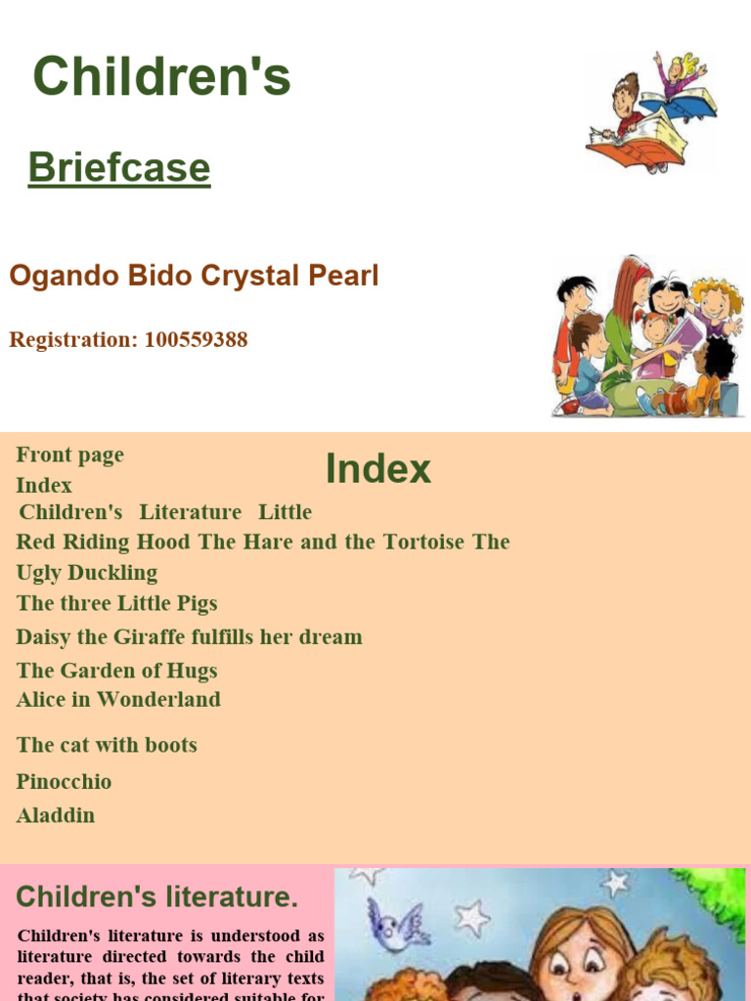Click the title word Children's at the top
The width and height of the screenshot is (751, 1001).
click(161, 77)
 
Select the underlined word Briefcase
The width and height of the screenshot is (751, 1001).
click(119, 167)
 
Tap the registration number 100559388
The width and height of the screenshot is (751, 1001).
click(196, 340)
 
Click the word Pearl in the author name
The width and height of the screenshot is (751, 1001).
click(341, 276)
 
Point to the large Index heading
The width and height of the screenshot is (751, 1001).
click(377, 468)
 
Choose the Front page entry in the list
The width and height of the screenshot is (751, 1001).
click(69, 455)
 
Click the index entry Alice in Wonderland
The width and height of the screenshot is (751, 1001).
click(118, 699)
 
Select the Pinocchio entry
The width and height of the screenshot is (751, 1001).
click(64, 781)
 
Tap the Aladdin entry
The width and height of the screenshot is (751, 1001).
click(56, 815)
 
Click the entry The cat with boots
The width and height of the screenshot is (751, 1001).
click(107, 745)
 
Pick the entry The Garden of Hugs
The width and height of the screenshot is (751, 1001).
click(116, 671)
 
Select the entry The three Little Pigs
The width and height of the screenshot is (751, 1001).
click(116, 603)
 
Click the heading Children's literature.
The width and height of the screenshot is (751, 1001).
click(156, 896)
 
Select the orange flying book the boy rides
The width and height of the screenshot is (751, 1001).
click(636, 147)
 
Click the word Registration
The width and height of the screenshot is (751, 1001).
click(71, 340)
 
